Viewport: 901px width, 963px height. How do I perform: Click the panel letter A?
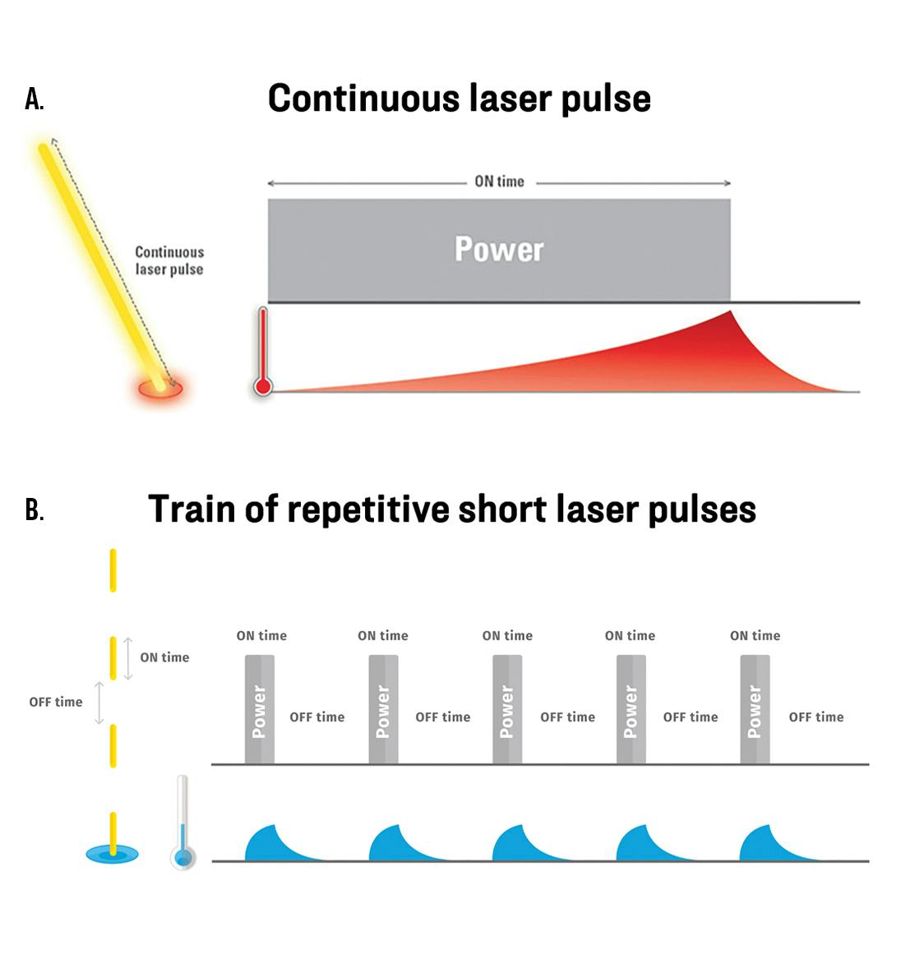click(x=34, y=99)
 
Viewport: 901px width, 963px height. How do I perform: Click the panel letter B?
click(x=34, y=510)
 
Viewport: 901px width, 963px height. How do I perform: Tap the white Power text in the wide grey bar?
click(x=499, y=249)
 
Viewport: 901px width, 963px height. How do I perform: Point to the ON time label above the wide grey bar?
click(x=499, y=182)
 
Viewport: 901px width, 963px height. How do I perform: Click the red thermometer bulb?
click(x=263, y=385)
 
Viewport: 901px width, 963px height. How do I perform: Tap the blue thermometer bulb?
click(x=183, y=857)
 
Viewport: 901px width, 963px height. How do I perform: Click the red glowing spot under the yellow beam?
click(x=160, y=388)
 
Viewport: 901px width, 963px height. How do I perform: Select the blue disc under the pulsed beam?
click(x=113, y=855)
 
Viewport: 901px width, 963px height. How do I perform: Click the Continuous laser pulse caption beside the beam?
click(x=169, y=260)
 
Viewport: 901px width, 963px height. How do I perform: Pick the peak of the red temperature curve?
click(x=730, y=312)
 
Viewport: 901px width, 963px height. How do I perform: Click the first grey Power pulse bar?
click(x=259, y=710)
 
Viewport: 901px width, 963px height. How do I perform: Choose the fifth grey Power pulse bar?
click(x=755, y=710)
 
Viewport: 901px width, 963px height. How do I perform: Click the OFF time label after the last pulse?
click(x=816, y=717)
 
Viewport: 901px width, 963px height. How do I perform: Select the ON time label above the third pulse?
click(x=507, y=636)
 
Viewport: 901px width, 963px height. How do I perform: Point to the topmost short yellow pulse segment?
click(x=113, y=570)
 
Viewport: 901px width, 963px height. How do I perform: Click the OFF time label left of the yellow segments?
click(x=56, y=703)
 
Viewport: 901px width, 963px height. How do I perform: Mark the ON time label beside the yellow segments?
click(x=164, y=657)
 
